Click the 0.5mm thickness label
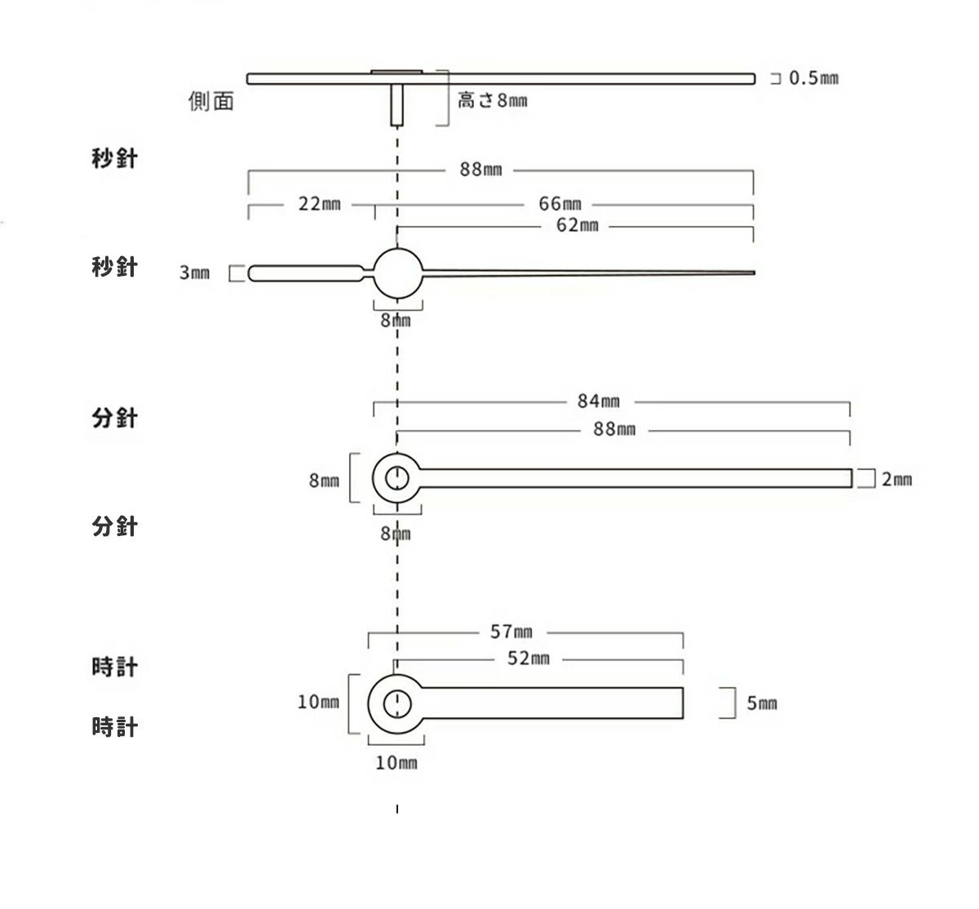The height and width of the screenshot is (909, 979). [x=813, y=78]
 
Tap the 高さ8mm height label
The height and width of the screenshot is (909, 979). [x=493, y=100]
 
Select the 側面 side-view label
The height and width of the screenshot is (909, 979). [x=211, y=101]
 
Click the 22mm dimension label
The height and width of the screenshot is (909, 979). [x=320, y=204]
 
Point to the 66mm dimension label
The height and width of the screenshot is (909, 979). [x=560, y=204]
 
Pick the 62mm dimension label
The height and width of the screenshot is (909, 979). [x=578, y=225]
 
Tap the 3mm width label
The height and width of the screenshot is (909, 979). [x=194, y=273]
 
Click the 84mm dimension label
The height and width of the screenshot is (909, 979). [x=599, y=401]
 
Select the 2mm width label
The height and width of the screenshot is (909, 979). [x=897, y=479]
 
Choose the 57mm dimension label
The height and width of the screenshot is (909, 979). [x=512, y=632]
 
